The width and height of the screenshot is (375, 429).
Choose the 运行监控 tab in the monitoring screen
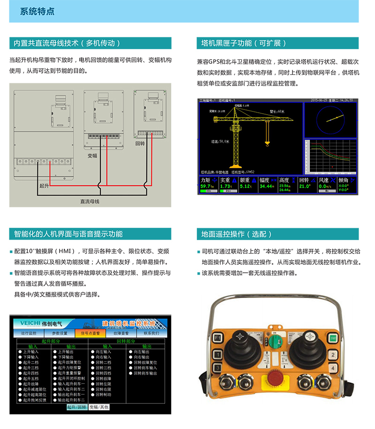click(29, 334)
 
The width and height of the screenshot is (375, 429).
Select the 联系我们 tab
click(151, 334)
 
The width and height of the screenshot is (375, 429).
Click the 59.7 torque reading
click(206, 186)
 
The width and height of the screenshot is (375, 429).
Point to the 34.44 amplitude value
click(266, 186)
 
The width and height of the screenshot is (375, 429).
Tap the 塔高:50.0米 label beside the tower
click(220, 141)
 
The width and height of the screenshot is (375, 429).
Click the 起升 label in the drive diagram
click(44, 186)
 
